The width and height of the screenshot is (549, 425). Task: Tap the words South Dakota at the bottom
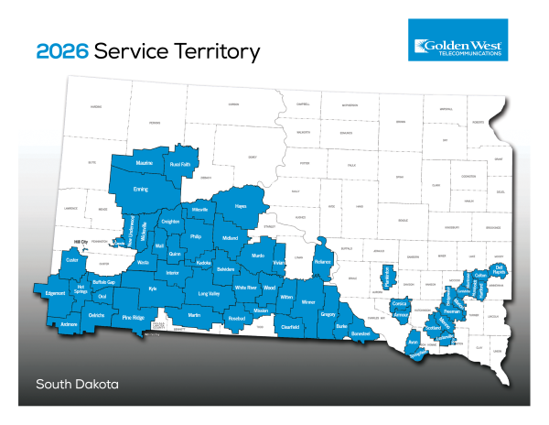pyautogui.click(x=78, y=383)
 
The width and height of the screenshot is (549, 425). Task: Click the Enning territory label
pyautogui.click(x=141, y=189)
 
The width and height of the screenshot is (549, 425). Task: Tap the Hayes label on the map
pyautogui.click(x=242, y=208)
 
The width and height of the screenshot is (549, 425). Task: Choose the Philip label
pyautogui.click(x=195, y=236)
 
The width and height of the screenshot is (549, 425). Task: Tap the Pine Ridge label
pyautogui.click(x=134, y=317)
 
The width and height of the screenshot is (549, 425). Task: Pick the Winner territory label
pyautogui.click(x=307, y=301)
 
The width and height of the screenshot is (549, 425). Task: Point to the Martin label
pyautogui.click(x=194, y=315)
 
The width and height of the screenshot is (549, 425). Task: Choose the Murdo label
pyautogui.click(x=257, y=256)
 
